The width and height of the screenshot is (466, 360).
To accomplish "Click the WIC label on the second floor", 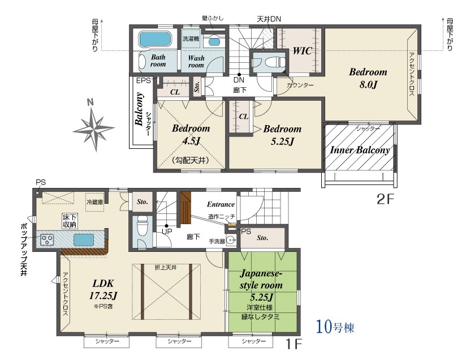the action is pos(302,51).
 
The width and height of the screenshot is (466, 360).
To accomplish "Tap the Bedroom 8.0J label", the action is pos(368,78).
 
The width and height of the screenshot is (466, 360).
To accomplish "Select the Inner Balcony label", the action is pos(360,150).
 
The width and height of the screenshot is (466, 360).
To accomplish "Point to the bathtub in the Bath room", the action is pos(155,40).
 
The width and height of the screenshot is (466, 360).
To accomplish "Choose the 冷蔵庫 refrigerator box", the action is pos(95,202).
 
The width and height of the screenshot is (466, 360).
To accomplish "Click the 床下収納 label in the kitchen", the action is pos(70,221).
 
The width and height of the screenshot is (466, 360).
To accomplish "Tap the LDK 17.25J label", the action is pos(103,289).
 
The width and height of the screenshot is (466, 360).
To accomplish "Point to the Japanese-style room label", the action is pos(261,280).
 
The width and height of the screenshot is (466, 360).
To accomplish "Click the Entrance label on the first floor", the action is pos(221,204).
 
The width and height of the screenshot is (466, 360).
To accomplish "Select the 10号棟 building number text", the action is pos(335,327).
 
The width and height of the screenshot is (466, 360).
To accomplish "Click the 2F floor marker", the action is pos(385,199).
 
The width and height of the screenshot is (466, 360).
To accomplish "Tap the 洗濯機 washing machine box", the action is pos(191,38).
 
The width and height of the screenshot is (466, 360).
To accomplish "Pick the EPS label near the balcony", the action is pos(144,80).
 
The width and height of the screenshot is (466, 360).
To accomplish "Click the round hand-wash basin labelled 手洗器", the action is pos(231,240).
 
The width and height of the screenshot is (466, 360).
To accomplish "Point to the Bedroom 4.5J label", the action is pos(191,135).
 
